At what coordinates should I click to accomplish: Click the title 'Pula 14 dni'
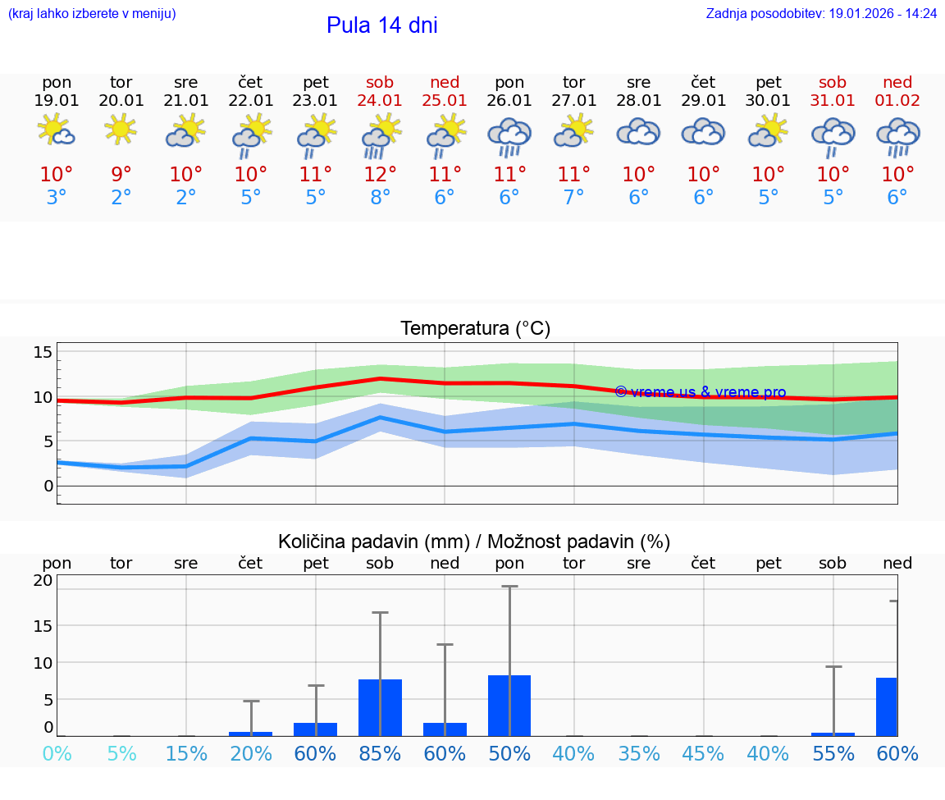pyautogui.click(x=381, y=25)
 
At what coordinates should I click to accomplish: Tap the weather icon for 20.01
pyautogui.click(x=121, y=130)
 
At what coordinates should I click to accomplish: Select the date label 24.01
pyautogui.click(x=380, y=101)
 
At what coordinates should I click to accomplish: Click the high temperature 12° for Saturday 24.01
pyautogui.click(x=380, y=174)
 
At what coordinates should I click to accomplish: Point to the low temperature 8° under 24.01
pyautogui.click(x=380, y=198)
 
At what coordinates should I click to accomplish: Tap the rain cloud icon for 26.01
pyautogui.click(x=509, y=135)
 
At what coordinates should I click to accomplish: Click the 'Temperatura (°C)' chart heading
pyautogui.click(x=475, y=329)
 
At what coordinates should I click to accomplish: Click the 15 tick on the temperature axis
pyautogui.click(x=43, y=353)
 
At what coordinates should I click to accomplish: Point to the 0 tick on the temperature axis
pyautogui.click(x=48, y=486)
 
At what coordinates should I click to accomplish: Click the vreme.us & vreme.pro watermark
pyautogui.click(x=700, y=392)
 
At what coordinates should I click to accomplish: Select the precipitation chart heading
pyautogui.click(x=473, y=542)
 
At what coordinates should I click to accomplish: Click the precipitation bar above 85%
pyautogui.click(x=380, y=707)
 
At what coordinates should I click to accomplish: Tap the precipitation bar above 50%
pyautogui.click(x=509, y=705)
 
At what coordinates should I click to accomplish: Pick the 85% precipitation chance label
pyautogui.click(x=380, y=754)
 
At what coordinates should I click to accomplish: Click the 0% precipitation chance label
pyautogui.click(x=57, y=754)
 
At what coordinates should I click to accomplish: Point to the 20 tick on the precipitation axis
pyautogui.click(x=43, y=580)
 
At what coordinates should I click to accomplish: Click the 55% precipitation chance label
pyautogui.click(x=833, y=754)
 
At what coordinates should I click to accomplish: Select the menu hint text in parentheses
pyautogui.click(x=92, y=14)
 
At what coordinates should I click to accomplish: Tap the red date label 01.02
pyautogui.click(x=897, y=101)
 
